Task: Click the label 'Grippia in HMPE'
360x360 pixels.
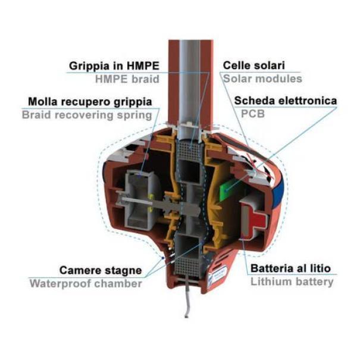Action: point(114,66)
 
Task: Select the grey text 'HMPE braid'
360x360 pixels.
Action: point(127,79)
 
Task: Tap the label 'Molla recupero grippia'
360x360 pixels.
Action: point(90,102)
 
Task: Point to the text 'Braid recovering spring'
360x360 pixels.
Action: point(87,115)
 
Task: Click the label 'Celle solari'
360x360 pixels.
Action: point(254,65)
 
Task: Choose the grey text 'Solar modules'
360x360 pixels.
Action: point(262,79)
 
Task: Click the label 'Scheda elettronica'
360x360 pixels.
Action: point(286,101)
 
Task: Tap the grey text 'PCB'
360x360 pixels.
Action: point(253,114)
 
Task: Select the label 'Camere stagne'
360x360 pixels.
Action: point(101,271)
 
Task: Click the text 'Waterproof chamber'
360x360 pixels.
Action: point(86,284)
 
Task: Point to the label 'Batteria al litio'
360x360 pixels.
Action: point(290,268)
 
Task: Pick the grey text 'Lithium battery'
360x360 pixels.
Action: point(292,281)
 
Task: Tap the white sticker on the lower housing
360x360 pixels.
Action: point(217,276)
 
